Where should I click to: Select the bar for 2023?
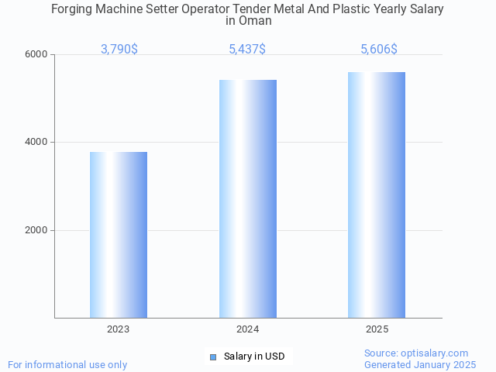click(x=119, y=235)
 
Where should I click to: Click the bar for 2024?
click(x=248, y=198)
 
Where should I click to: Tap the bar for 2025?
click(x=377, y=195)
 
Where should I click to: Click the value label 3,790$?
click(x=119, y=50)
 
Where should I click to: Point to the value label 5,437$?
click(x=247, y=50)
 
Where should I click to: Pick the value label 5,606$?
click(x=379, y=50)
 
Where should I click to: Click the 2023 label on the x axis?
click(x=119, y=329)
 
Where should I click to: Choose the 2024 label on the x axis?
click(x=248, y=329)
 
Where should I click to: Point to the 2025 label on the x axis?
click(x=377, y=329)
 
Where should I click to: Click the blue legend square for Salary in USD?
click(x=213, y=356)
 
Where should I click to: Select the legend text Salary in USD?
click(x=254, y=356)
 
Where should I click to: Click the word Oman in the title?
click(x=255, y=21)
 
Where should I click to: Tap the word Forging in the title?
click(x=72, y=9)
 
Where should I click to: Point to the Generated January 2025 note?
click(x=420, y=364)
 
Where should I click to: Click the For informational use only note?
click(x=67, y=364)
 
